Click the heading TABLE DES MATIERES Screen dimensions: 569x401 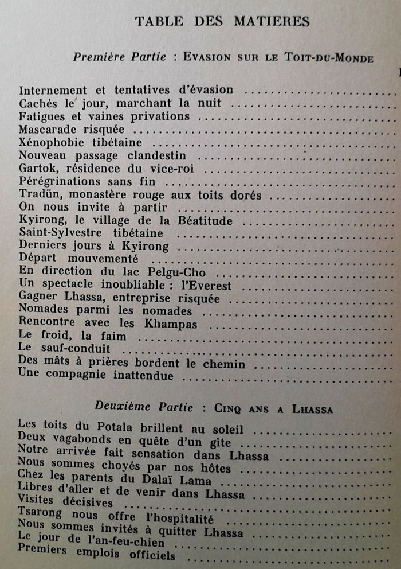(x=222, y=22)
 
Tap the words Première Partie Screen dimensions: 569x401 (x=120, y=57)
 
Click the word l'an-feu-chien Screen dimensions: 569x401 (x=129, y=542)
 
